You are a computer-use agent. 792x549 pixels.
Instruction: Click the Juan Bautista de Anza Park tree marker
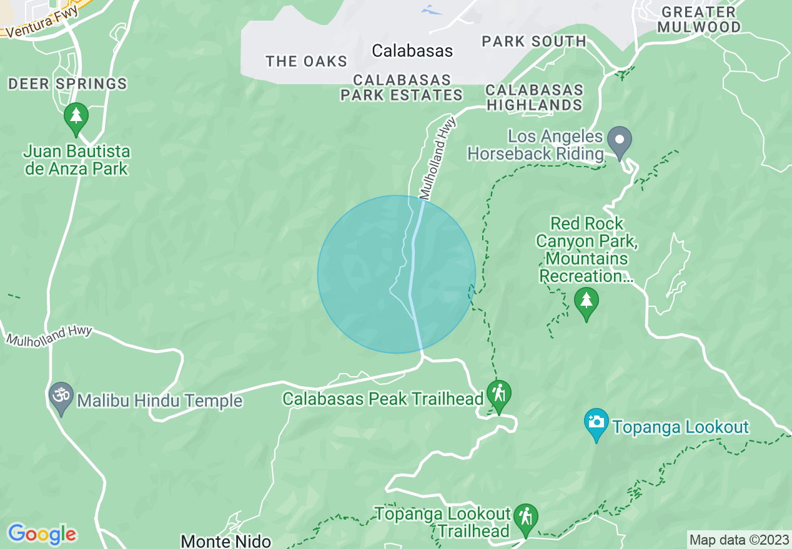76,117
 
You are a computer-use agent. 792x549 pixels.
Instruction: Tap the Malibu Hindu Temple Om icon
61,396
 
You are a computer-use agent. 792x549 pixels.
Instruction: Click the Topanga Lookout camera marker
596,422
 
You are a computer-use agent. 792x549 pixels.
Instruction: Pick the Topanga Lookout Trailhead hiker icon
526,518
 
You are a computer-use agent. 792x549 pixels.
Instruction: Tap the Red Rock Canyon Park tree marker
586,301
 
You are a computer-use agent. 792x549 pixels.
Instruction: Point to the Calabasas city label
412,51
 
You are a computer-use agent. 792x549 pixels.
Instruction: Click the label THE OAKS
306,61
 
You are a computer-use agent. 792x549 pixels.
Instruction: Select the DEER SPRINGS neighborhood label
67,84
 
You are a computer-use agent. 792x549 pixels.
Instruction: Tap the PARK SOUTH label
534,42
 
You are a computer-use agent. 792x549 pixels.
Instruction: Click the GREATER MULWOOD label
699,19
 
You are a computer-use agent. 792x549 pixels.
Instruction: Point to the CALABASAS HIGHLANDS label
534,98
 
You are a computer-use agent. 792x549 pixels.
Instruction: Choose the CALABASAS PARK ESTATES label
402,87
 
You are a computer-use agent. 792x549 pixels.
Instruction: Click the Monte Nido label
226,541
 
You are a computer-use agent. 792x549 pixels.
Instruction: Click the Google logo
42,534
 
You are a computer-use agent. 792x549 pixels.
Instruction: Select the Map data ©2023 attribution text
738,540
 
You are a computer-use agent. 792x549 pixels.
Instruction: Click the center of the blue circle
397,274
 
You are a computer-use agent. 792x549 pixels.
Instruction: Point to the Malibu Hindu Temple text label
160,400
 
